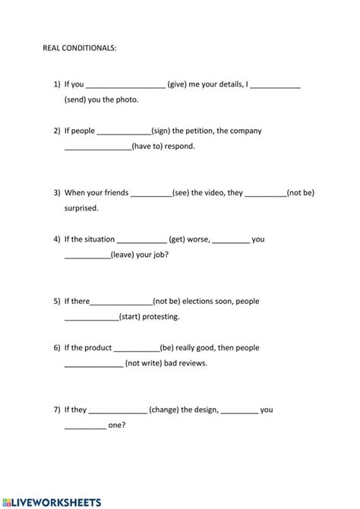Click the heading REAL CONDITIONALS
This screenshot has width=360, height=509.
pos(80,47)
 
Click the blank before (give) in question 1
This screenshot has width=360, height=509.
pos(127,85)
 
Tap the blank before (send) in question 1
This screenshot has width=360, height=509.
pos(275,85)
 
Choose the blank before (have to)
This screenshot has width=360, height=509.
pos(98,147)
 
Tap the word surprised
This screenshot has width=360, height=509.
pos(82,207)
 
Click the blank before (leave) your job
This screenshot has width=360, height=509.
pos(87,255)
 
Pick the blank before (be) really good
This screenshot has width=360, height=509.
pos(137,349)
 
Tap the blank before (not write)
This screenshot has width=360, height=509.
pos(93,364)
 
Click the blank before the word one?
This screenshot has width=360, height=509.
pos(85,426)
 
